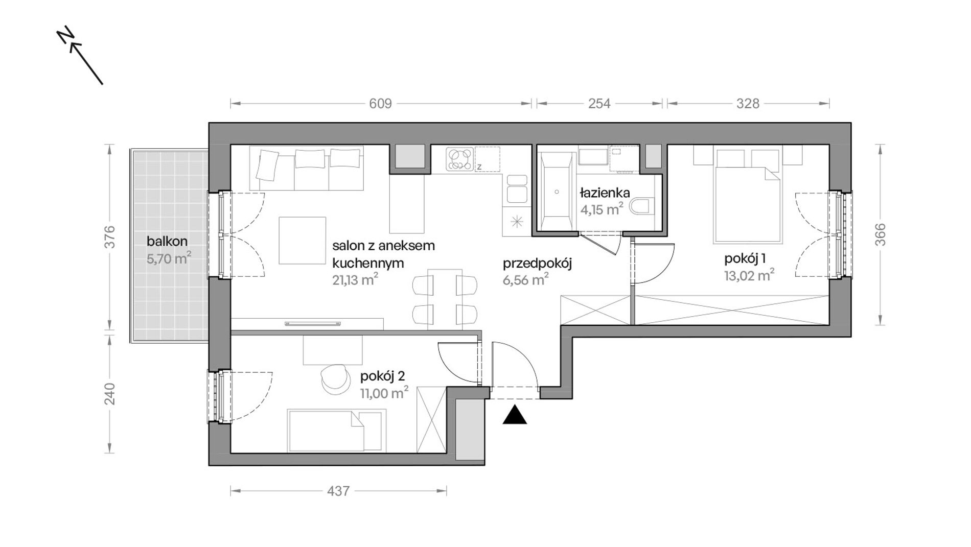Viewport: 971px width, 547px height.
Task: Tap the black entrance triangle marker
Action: click(515, 415)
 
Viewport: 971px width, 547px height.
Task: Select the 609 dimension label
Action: click(380, 104)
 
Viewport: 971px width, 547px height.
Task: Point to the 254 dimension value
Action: click(599, 104)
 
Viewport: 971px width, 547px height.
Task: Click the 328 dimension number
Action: click(748, 104)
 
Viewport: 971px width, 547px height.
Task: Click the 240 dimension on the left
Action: click(109, 394)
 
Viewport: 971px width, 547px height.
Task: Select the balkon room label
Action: click(167, 241)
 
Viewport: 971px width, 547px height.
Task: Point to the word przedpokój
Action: click(537, 264)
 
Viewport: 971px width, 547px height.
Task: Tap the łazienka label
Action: click(605, 193)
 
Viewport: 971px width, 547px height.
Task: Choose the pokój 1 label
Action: click(745, 259)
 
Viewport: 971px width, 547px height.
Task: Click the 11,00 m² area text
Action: click(384, 393)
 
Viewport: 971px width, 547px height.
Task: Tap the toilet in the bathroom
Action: click(642, 207)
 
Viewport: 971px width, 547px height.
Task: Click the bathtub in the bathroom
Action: click(556, 192)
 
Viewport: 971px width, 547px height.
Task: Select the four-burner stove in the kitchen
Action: click(460, 159)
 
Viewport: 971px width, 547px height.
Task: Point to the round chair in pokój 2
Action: click(333, 378)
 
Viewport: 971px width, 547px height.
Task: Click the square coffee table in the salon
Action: click(303, 241)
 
